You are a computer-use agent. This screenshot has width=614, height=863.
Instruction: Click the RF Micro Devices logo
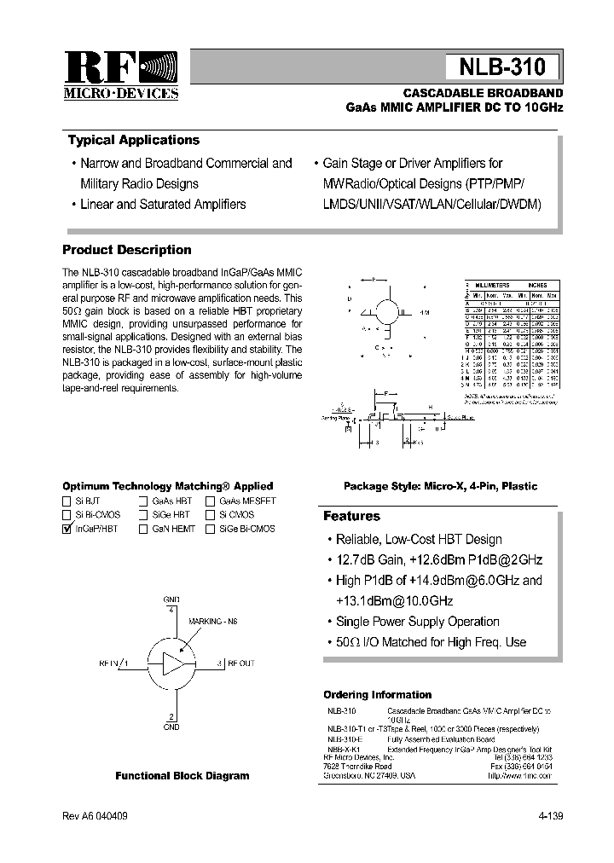(120, 76)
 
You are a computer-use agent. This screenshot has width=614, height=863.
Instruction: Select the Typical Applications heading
(133, 141)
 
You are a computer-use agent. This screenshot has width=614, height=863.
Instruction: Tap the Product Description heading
(127, 250)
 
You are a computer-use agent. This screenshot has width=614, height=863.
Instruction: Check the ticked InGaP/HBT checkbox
(67, 530)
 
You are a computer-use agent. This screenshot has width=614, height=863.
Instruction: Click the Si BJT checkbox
(67, 502)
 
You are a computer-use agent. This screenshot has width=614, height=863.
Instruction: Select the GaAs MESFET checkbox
(211, 502)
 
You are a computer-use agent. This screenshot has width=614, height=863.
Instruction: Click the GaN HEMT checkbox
(143, 530)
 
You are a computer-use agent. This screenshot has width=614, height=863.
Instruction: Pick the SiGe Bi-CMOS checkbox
(211, 530)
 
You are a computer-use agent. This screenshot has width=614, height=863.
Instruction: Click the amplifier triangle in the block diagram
(172, 663)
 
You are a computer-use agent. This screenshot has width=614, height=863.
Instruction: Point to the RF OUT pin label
(240, 663)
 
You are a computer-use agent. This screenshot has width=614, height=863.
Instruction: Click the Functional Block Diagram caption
(182, 776)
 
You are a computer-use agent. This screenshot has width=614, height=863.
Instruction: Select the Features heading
(351, 517)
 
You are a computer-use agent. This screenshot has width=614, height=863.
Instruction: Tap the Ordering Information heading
(378, 695)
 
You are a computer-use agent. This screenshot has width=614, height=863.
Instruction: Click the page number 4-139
(550, 816)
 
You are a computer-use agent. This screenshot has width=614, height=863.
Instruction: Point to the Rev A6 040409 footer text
(96, 816)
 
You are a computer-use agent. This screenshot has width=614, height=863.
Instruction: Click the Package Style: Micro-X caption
(440, 486)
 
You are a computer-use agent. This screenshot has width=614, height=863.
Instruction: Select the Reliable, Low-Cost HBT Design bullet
(418, 540)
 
